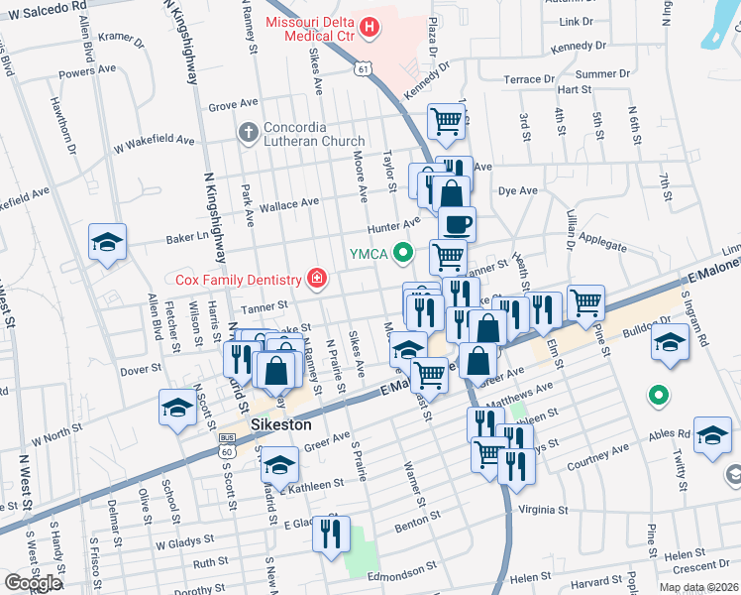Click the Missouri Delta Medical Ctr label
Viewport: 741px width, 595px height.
pyautogui.click(x=310, y=30)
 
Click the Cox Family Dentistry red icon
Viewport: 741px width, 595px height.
pyautogui.click(x=316, y=279)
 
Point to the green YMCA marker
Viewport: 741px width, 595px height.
pyautogui.click(x=402, y=253)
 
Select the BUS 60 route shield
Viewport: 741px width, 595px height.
pyautogui.click(x=227, y=451)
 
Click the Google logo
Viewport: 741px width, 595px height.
pyautogui.click(x=33, y=583)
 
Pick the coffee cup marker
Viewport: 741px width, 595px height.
pyautogui.click(x=457, y=224)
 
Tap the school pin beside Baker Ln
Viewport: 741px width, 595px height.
pyautogui.click(x=107, y=241)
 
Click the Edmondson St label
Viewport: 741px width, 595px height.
pyautogui.click(x=404, y=575)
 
